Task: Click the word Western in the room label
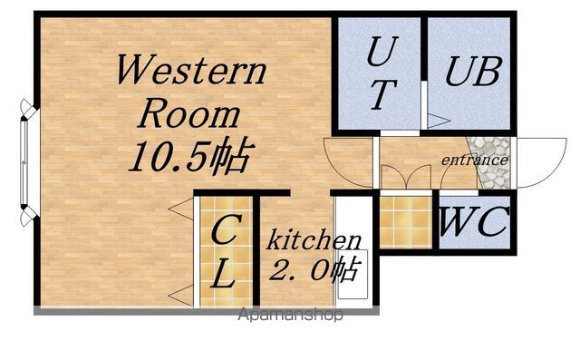[x=191, y=70]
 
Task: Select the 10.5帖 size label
[x=191, y=156]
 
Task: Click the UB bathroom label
[x=473, y=72]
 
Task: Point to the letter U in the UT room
[x=382, y=52]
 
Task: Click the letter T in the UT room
[x=383, y=94]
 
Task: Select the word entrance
[x=475, y=160]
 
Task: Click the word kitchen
[x=314, y=239]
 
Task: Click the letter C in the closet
[x=226, y=229]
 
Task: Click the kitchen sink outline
[x=353, y=274]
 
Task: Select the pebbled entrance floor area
[x=490, y=163]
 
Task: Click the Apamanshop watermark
[x=290, y=315]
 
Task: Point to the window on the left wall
[x=24, y=162]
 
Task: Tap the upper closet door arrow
[x=180, y=209]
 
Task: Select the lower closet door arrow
[x=180, y=296]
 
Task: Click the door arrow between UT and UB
[x=439, y=121]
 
